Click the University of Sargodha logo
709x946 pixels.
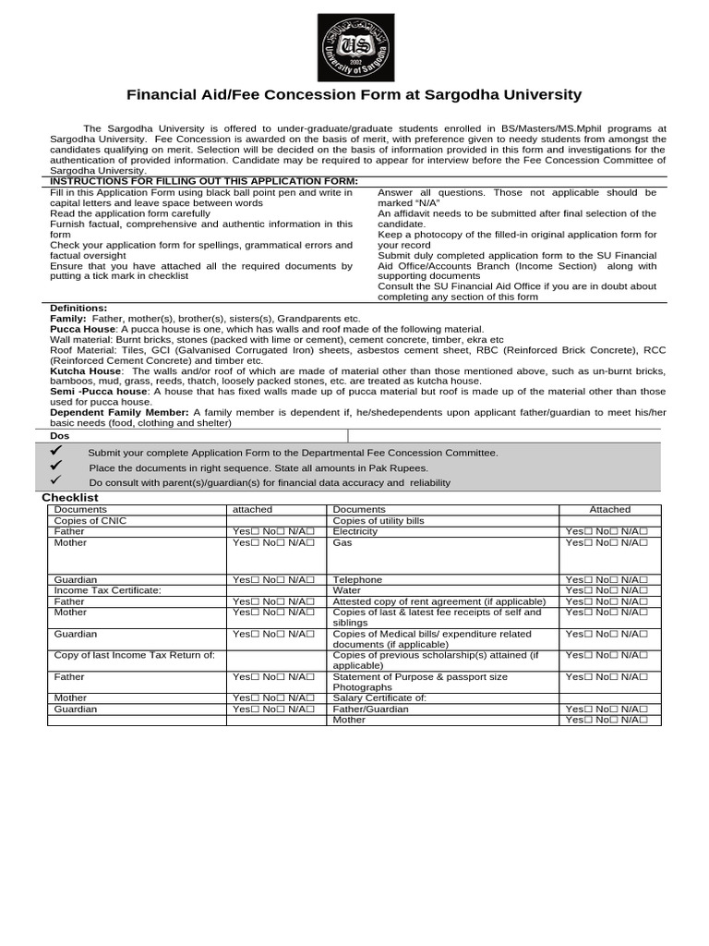(x=355, y=47)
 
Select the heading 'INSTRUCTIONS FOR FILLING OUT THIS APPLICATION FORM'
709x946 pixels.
(x=203, y=181)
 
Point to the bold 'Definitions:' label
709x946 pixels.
(x=78, y=308)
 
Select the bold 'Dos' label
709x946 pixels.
(x=59, y=435)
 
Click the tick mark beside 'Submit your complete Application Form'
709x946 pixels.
(x=55, y=451)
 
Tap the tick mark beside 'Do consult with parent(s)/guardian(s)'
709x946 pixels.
(x=55, y=480)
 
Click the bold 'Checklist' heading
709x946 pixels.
(x=70, y=497)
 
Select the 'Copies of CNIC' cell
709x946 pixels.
(x=90, y=521)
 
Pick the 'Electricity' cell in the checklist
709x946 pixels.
(x=354, y=531)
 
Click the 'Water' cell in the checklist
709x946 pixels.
(x=346, y=590)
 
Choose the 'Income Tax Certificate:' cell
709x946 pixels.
(x=107, y=590)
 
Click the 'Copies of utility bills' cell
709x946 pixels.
(x=378, y=521)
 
